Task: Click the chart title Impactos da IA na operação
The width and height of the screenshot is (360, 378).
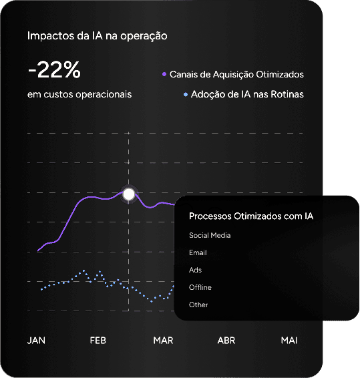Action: point(97,35)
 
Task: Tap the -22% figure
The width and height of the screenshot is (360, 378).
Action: point(54,69)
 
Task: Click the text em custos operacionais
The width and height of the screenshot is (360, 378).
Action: point(79,94)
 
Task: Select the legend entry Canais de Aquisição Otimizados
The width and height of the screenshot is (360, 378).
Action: point(237,73)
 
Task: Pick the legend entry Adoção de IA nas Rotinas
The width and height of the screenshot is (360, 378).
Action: point(247,94)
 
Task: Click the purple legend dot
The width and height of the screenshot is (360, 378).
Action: point(164,74)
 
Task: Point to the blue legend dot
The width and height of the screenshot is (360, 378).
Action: point(185,95)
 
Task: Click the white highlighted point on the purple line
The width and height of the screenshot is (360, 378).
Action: point(130,194)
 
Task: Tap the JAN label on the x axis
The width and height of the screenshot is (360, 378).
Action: point(36,341)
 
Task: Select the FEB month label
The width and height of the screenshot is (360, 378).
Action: point(98,341)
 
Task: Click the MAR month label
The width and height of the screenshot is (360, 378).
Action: point(163,341)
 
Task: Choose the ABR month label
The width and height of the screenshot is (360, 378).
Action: point(226,341)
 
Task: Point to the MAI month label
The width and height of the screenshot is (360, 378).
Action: point(289,341)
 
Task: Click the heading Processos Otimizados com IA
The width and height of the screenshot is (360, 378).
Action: point(251,216)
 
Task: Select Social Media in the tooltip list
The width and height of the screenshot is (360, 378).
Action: point(210,235)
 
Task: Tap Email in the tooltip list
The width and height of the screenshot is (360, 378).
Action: point(198,252)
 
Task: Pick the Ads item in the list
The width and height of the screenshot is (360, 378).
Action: point(195,270)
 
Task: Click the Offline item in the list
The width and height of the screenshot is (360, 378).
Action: point(200,287)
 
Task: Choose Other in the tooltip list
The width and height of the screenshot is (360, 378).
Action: point(198,305)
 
